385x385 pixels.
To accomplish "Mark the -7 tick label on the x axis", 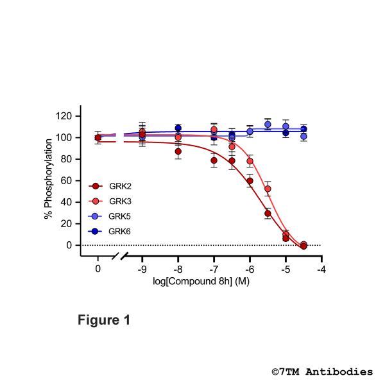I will (214, 269).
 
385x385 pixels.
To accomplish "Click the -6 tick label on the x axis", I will (250, 269).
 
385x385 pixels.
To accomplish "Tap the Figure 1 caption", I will (104, 320).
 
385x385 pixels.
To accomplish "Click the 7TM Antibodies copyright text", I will (321, 372).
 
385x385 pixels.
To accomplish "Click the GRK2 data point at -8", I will (178, 152).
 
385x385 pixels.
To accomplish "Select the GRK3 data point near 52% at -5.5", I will (268, 189).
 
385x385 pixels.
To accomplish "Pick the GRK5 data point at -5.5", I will (268, 124).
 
